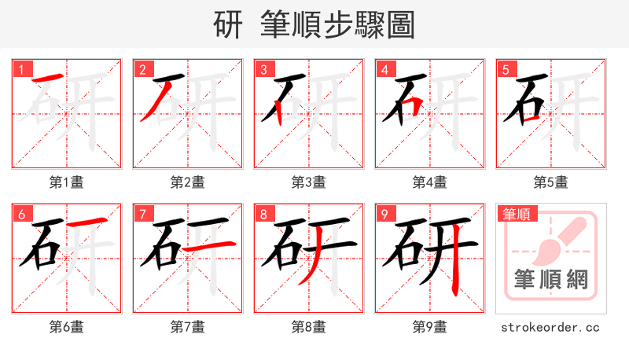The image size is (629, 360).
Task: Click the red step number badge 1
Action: [21, 69]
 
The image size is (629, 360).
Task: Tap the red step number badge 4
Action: [384, 69]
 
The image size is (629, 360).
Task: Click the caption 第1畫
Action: [67, 182]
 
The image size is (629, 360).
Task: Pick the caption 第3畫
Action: [309, 182]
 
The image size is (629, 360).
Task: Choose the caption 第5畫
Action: [551, 182]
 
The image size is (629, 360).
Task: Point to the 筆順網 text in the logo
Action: [551, 279]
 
